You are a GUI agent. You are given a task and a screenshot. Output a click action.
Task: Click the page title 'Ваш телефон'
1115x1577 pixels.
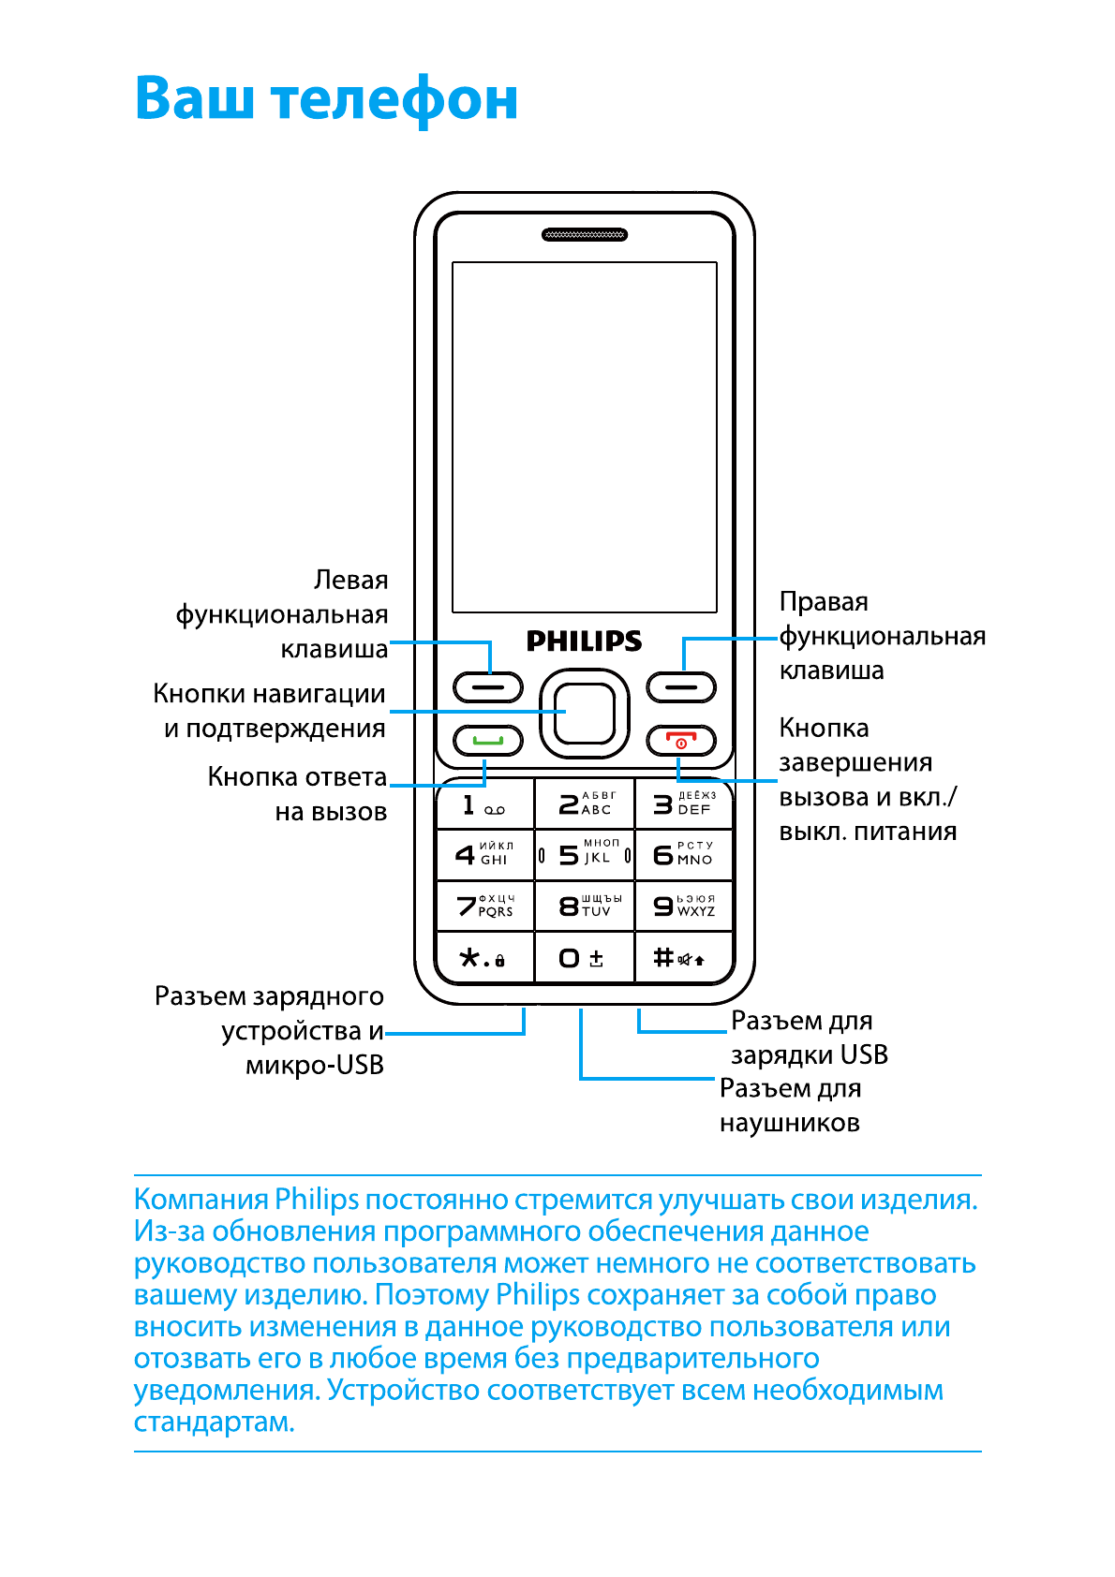(x=326, y=98)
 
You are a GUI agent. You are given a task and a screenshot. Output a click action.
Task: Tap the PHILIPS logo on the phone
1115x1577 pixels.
(x=584, y=641)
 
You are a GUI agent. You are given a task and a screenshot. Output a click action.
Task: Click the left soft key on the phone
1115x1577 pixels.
(x=488, y=687)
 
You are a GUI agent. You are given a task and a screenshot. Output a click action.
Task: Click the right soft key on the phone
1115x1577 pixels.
(x=681, y=687)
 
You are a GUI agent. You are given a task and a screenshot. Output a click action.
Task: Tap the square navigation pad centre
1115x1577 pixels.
(x=584, y=714)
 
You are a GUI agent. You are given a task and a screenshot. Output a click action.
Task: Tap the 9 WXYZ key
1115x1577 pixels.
(x=683, y=906)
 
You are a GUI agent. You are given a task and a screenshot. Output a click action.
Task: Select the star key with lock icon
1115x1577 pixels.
(x=484, y=958)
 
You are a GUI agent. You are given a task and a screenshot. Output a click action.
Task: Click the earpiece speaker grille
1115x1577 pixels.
(x=585, y=235)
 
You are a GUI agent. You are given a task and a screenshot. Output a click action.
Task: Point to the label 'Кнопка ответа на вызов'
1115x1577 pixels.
(x=297, y=794)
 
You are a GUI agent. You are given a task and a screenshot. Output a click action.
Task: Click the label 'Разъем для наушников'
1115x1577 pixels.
(x=790, y=1105)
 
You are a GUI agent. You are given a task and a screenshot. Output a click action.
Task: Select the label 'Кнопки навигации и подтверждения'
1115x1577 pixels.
(x=270, y=711)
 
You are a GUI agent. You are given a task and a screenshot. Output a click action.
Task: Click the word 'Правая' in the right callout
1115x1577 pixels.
(x=824, y=601)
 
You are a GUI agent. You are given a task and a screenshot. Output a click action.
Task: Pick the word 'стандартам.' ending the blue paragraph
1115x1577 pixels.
(x=215, y=1422)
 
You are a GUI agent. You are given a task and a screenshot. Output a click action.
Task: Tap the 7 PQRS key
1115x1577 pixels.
(x=484, y=906)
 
